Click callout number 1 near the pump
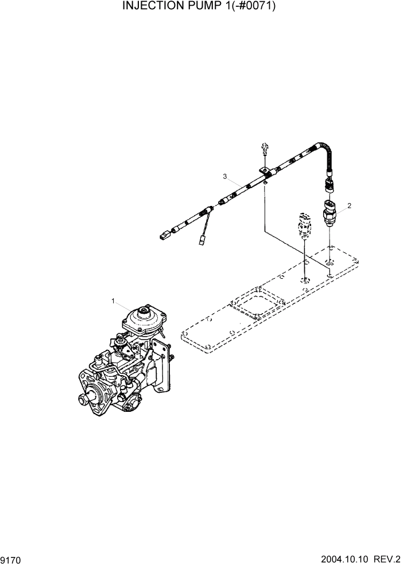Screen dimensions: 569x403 coord(113,301)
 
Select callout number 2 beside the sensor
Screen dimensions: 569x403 coord(349,205)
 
